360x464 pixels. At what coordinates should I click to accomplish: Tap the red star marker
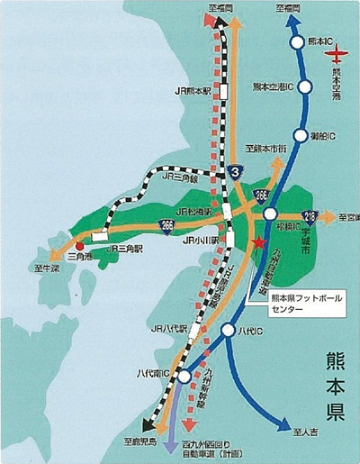(258, 242)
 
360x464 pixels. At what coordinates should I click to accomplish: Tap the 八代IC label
(256, 332)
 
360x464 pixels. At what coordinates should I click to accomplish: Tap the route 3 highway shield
(235, 169)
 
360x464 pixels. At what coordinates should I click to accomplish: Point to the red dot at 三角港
(80, 245)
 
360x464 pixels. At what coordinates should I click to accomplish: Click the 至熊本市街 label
(266, 147)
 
